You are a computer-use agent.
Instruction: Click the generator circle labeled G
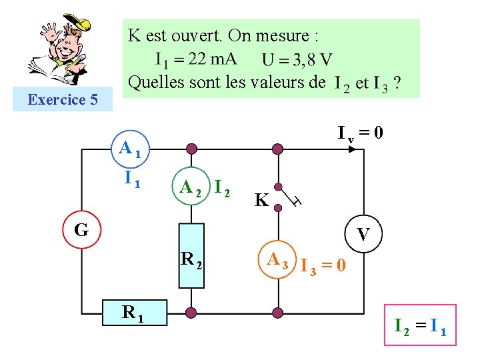click(x=81, y=230)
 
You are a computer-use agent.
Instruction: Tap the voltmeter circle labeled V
click(x=363, y=234)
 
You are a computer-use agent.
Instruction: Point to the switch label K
click(x=262, y=200)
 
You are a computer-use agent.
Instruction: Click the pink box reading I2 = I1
click(x=420, y=327)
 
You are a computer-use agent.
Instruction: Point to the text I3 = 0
click(x=323, y=266)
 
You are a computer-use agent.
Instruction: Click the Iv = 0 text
click(x=360, y=133)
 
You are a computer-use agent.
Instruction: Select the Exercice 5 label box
click(x=63, y=100)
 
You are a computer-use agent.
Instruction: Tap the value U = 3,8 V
click(x=297, y=60)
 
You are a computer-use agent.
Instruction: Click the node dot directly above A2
click(x=191, y=149)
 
